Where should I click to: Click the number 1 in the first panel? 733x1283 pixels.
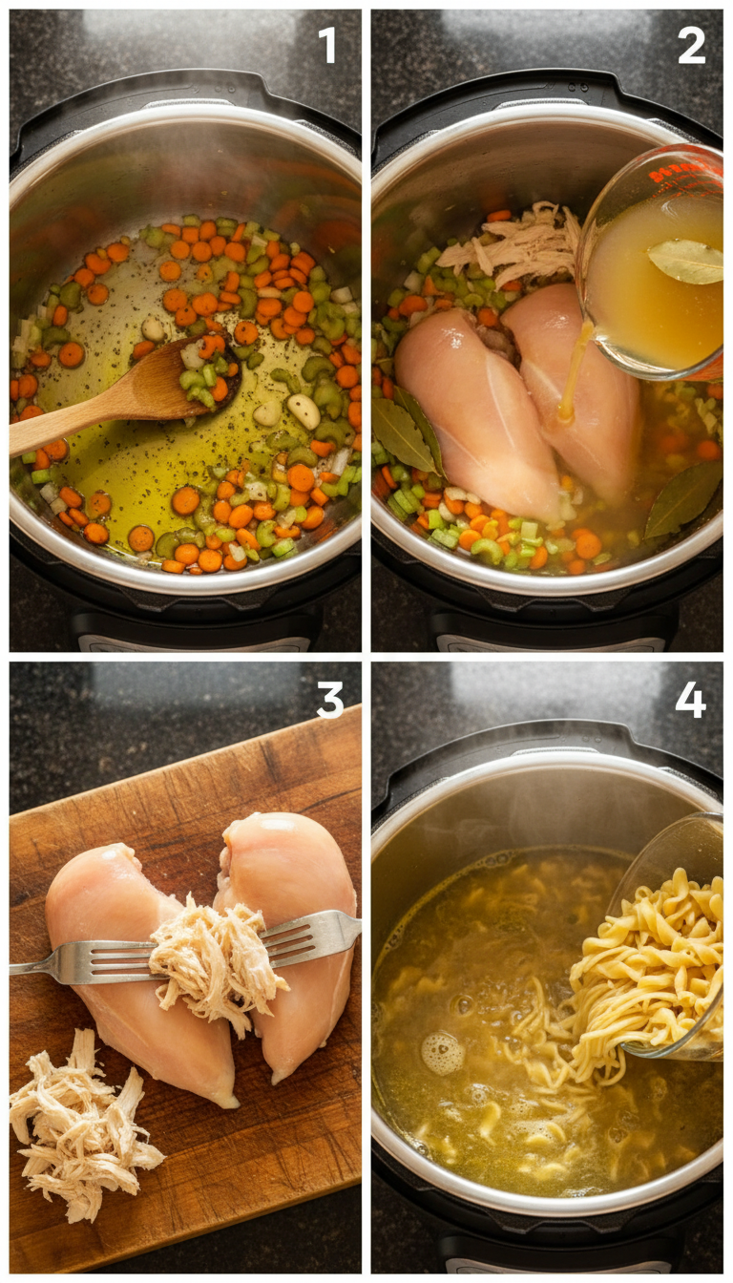(327, 45)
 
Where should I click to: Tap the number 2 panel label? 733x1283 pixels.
(691, 45)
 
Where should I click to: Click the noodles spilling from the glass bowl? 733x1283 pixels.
(639, 964)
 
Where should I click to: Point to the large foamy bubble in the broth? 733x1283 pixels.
(443, 1052)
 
